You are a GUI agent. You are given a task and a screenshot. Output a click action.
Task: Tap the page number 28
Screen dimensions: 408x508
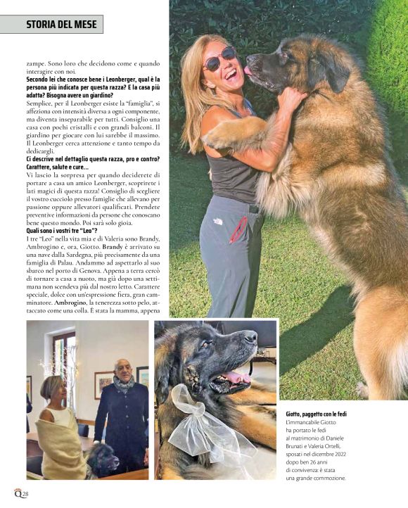click(25, 495)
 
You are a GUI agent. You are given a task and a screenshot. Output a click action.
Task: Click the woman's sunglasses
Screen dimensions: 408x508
click(219, 59)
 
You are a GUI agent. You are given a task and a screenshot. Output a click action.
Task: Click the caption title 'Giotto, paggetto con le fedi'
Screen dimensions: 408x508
click(316, 414)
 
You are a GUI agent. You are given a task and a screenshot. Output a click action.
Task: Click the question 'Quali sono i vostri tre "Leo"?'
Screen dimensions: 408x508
click(62, 231)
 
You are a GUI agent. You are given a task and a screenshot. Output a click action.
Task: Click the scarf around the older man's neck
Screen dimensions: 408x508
click(124, 384)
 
